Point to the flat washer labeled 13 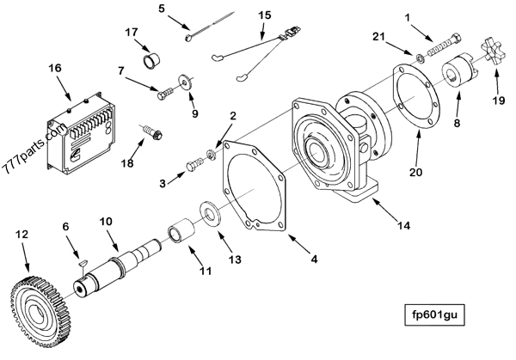point(208,211)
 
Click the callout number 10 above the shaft point(104,221)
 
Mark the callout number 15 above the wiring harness point(264,15)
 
